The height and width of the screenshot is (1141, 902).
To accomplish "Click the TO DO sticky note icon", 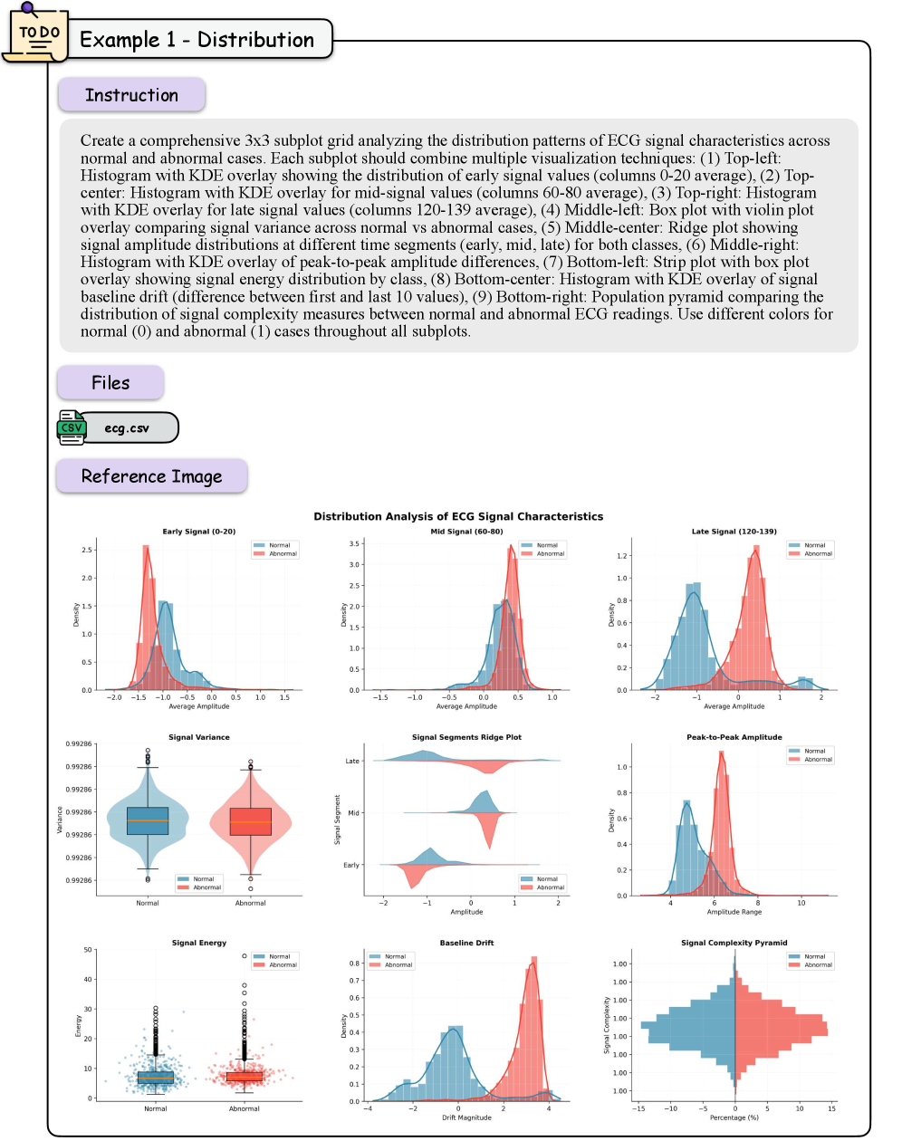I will (36, 34).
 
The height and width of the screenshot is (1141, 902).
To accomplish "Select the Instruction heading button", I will (131, 95).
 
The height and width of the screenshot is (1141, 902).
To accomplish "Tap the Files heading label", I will (110, 383).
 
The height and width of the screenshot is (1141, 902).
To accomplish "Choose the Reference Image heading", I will (151, 476).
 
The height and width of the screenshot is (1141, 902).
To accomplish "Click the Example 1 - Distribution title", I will (197, 40).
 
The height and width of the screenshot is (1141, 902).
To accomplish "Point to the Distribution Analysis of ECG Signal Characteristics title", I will (458, 516).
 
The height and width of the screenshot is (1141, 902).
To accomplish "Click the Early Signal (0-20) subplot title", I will (199, 532).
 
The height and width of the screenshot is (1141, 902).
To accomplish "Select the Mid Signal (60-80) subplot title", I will (466, 532).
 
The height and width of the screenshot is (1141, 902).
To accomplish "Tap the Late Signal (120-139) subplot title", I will (734, 532).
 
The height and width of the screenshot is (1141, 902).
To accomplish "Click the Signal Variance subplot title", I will (199, 737).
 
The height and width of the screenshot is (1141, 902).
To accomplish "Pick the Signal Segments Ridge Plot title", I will (466, 737).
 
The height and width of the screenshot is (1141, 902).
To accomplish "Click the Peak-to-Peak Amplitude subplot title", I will (734, 737).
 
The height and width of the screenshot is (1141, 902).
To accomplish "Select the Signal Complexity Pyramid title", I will (734, 943).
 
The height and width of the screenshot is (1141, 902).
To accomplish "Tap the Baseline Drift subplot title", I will (466, 943).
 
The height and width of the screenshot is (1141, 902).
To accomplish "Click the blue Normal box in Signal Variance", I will (148, 820).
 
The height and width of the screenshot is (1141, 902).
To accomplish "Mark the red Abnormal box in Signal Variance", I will (251, 821).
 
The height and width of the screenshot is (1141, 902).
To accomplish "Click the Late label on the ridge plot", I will (352, 761).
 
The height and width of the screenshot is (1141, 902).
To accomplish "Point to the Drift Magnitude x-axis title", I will (466, 1117).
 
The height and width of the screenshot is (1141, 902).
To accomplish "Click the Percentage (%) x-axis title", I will (734, 1117).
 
